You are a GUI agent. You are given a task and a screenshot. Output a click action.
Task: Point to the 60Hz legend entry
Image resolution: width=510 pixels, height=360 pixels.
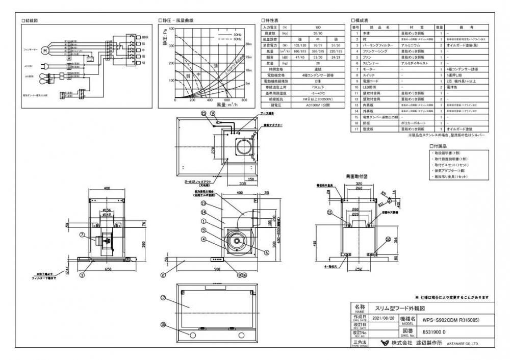pyautogui.click(x=237, y=39)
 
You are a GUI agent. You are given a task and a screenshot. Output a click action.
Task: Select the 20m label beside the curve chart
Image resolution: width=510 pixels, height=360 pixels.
pyautogui.click(x=249, y=44)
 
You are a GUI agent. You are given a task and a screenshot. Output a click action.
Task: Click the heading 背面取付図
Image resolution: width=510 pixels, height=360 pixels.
pyautogui.click(x=356, y=176)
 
